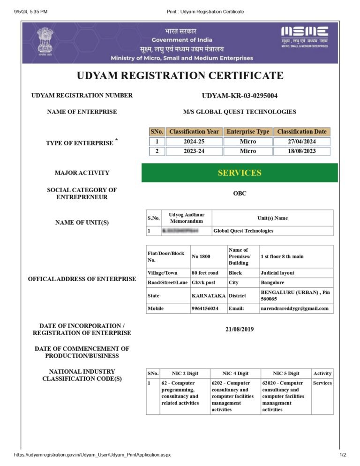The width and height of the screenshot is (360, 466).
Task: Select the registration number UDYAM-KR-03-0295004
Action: [x=240, y=96]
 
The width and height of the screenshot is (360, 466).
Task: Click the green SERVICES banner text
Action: [x=240, y=173]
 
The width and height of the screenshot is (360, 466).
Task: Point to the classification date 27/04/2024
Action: [x=301, y=141]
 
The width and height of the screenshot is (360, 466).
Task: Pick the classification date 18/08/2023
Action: [x=301, y=151]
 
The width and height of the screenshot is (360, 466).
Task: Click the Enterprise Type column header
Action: [x=248, y=132]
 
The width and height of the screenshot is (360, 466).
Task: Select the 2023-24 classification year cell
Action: [x=194, y=151]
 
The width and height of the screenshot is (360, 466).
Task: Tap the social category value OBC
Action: [x=240, y=193]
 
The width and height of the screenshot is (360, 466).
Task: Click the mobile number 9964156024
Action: [x=205, y=308]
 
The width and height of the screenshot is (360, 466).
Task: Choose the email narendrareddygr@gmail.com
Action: [x=294, y=308]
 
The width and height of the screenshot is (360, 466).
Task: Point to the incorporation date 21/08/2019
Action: [x=240, y=329]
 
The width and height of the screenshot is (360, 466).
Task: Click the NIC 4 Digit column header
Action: [x=235, y=373]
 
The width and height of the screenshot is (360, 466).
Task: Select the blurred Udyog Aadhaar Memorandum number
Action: [x=180, y=231]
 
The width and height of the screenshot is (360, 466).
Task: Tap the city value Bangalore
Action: [x=272, y=283]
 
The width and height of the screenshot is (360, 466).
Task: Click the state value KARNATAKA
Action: [x=209, y=296]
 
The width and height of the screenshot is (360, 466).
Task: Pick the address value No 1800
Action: [x=201, y=256]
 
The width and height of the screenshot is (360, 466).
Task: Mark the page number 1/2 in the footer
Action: [x=342, y=455]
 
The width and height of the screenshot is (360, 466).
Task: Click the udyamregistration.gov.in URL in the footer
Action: [x=92, y=455]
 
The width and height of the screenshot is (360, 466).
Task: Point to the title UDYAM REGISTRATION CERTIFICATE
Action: [x=180, y=75]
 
